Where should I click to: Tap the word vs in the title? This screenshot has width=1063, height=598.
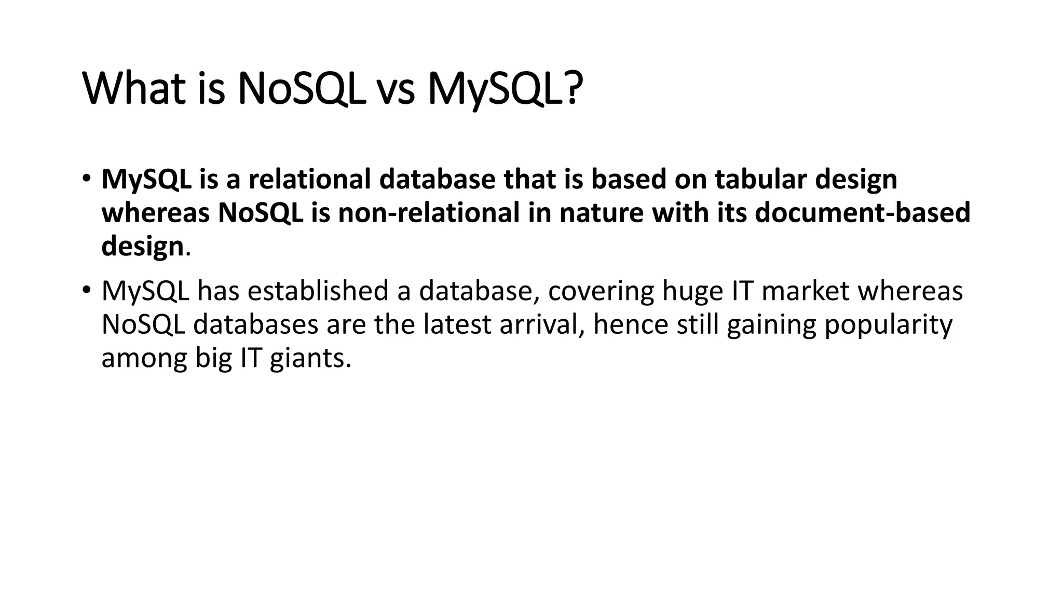pyautogui.click(x=395, y=89)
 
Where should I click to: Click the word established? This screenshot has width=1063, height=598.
pyautogui.click(x=318, y=291)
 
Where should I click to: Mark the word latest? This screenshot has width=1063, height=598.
pyautogui.click(x=457, y=324)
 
